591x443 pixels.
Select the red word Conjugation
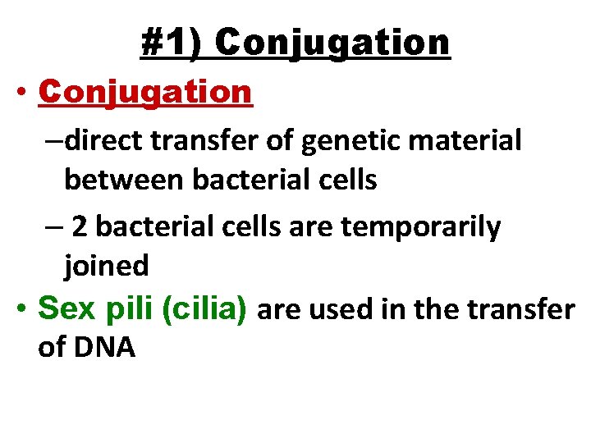point(145,92)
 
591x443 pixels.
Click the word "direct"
point(98,140)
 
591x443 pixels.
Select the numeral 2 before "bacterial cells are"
point(79,227)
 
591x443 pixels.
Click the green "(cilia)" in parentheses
point(205,308)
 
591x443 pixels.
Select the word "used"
point(333,308)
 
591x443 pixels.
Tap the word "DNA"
point(104,347)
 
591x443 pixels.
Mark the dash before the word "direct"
point(54,140)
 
